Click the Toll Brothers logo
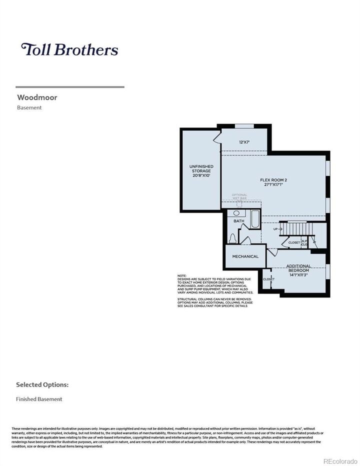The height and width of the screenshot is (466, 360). click(x=69, y=49)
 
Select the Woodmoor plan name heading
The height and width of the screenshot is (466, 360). click(x=37, y=97)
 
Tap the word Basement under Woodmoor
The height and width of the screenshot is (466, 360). click(x=29, y=107)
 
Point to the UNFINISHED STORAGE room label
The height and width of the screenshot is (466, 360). click(x=201, y=171)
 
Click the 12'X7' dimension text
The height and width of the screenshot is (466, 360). click(x=244, y=142)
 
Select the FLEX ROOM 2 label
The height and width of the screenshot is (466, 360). click(x=273, y=182)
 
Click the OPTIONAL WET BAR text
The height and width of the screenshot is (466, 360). click(x=239, y=196)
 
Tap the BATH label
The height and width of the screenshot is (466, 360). click(x=238, y=221)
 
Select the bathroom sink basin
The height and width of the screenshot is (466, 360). click(x=236, y=213)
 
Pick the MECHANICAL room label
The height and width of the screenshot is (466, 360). click(x=245, y=256)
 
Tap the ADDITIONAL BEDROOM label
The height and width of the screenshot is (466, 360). click(x=298, y=268)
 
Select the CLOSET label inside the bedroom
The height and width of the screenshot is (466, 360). click(x=268, y=279)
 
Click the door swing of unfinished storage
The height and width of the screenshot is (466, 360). click(x=217, y=137)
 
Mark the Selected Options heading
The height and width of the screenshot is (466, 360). click(x=42, y=385)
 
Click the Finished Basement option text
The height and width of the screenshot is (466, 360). click(x=39, y=399)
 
